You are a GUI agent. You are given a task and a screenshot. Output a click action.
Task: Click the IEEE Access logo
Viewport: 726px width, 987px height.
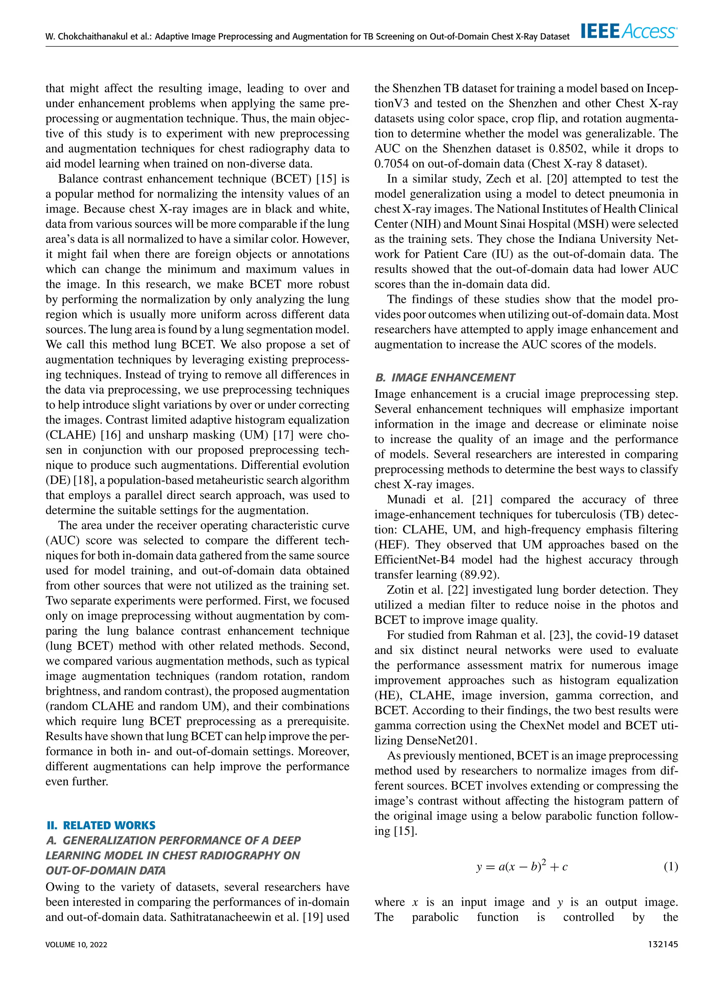(629, 31)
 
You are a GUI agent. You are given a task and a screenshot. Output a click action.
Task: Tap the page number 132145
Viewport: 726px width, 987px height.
(663, 944)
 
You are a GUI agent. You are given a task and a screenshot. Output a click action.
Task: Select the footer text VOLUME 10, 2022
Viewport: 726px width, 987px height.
(77, 944)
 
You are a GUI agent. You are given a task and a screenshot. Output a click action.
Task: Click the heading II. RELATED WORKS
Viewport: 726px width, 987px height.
(101, 825)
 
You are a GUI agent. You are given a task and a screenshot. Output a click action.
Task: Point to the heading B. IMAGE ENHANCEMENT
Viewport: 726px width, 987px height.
(445, 378)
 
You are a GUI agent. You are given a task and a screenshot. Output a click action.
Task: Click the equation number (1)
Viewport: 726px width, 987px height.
(670, 866)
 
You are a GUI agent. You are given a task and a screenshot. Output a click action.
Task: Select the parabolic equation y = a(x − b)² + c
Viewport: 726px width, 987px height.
(522, 866)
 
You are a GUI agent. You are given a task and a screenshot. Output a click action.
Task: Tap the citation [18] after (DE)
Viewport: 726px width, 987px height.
(82, 480)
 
